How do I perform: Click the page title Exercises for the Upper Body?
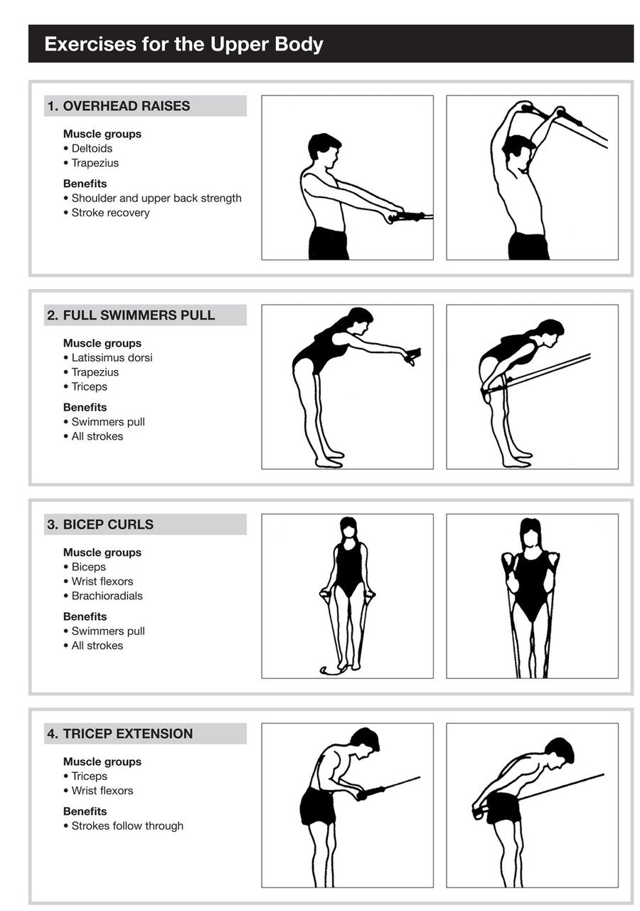click(x=183, y=44)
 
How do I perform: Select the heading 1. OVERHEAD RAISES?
click(x=119, y=106)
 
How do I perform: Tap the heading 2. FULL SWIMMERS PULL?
click(x=131, y=315)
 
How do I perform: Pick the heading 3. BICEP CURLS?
click(x=100, y=525)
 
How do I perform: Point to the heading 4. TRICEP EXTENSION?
click(x=120, y=734)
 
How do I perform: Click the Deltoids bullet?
click(x=92, y=149)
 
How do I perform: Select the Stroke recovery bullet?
click(x=110, y=213)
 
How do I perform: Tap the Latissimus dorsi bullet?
click(x=112, y=358)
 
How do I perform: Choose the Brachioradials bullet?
click(x=107, y=596)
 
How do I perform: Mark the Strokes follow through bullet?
click(x=127, y=826)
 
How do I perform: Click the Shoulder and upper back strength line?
click(x=156, y=199)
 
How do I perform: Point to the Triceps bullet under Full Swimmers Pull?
click(x=90, y=386)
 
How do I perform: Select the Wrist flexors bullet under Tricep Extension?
click(x=102, y=791)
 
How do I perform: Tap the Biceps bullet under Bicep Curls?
click(x=89, y=567)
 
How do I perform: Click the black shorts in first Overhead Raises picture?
click(x=329, y=243)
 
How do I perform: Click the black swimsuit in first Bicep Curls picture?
click(x=348, y=569)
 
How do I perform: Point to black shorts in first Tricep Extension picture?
click(x=317, y=806)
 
